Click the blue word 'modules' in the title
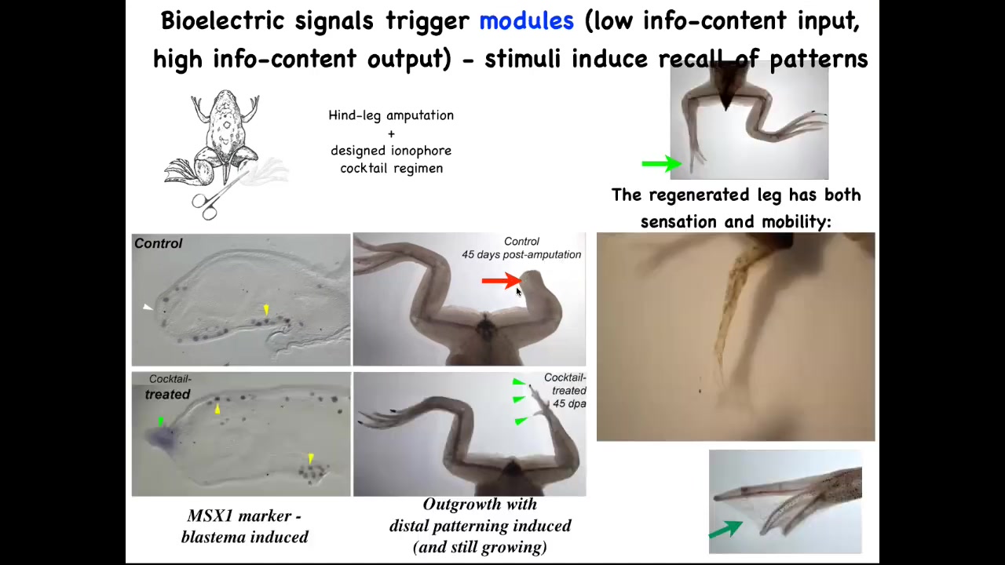[x=526, y=21]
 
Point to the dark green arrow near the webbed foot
[x=725, y=530]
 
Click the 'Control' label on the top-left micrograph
[x=158, y=243]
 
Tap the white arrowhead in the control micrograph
[x=148, y=307]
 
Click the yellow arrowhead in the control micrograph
[x=266, y=311]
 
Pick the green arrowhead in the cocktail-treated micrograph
[x=160, y=422]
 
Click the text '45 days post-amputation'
[x=521, y=254]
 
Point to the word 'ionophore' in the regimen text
[x=420, y=151]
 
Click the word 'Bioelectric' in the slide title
[x=222, y=21]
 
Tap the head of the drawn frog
[x=225, y=101]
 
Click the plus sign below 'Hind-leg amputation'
[x=391, y=133]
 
